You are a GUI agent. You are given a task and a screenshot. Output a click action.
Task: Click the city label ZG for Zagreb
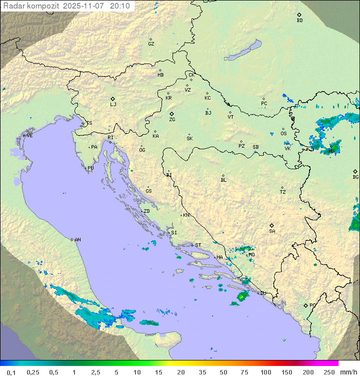click(x=172, y=120)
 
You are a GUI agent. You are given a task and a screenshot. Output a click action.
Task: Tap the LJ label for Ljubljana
click(x=113, y=105)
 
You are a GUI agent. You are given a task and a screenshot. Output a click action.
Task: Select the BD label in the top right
click(x=299, y=21)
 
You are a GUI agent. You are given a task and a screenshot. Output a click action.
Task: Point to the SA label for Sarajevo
click(x=272, y=231)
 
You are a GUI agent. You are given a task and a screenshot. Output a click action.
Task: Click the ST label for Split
click(x=198, y=245)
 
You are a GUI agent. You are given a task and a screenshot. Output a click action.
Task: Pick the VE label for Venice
click(x=29, y=136)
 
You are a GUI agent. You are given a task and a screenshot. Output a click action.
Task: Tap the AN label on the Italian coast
click(x=77, y=240)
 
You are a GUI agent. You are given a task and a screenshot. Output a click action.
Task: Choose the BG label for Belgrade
click(x=355, y=177)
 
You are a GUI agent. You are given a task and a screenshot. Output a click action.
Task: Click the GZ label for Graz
click(x=151, y=44)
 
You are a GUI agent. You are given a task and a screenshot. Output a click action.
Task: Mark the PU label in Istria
click(x=90, y=168)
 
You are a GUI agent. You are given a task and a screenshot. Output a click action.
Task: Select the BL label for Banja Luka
click(x=223, y=180)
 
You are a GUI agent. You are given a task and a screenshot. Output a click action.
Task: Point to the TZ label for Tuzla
click(x=283, y=192)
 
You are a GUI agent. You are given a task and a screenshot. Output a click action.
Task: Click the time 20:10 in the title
click(x=121, y=6)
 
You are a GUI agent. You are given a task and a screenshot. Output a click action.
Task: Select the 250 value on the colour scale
click(x=328, y=372)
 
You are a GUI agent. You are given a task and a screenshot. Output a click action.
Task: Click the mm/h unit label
click(x=348, y=372)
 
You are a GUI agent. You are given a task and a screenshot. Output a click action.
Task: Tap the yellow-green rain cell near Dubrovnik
click(x=242, y=297)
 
